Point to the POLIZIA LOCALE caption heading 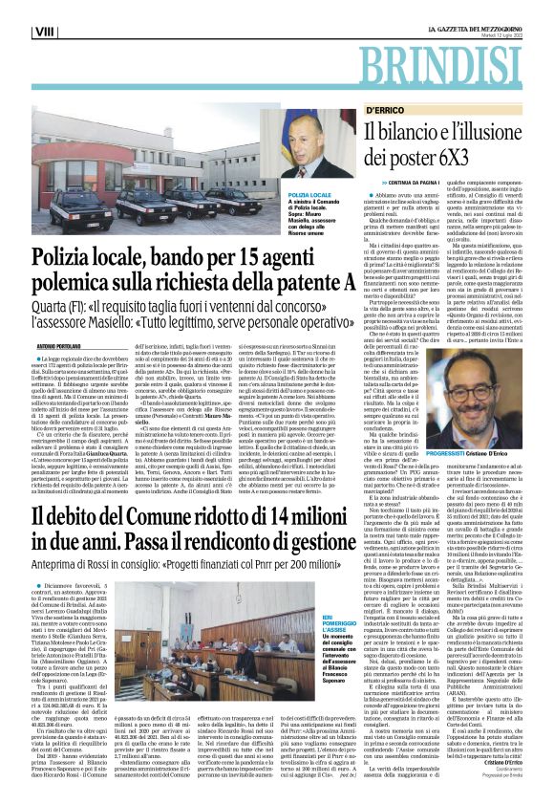(x=280, y=194)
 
